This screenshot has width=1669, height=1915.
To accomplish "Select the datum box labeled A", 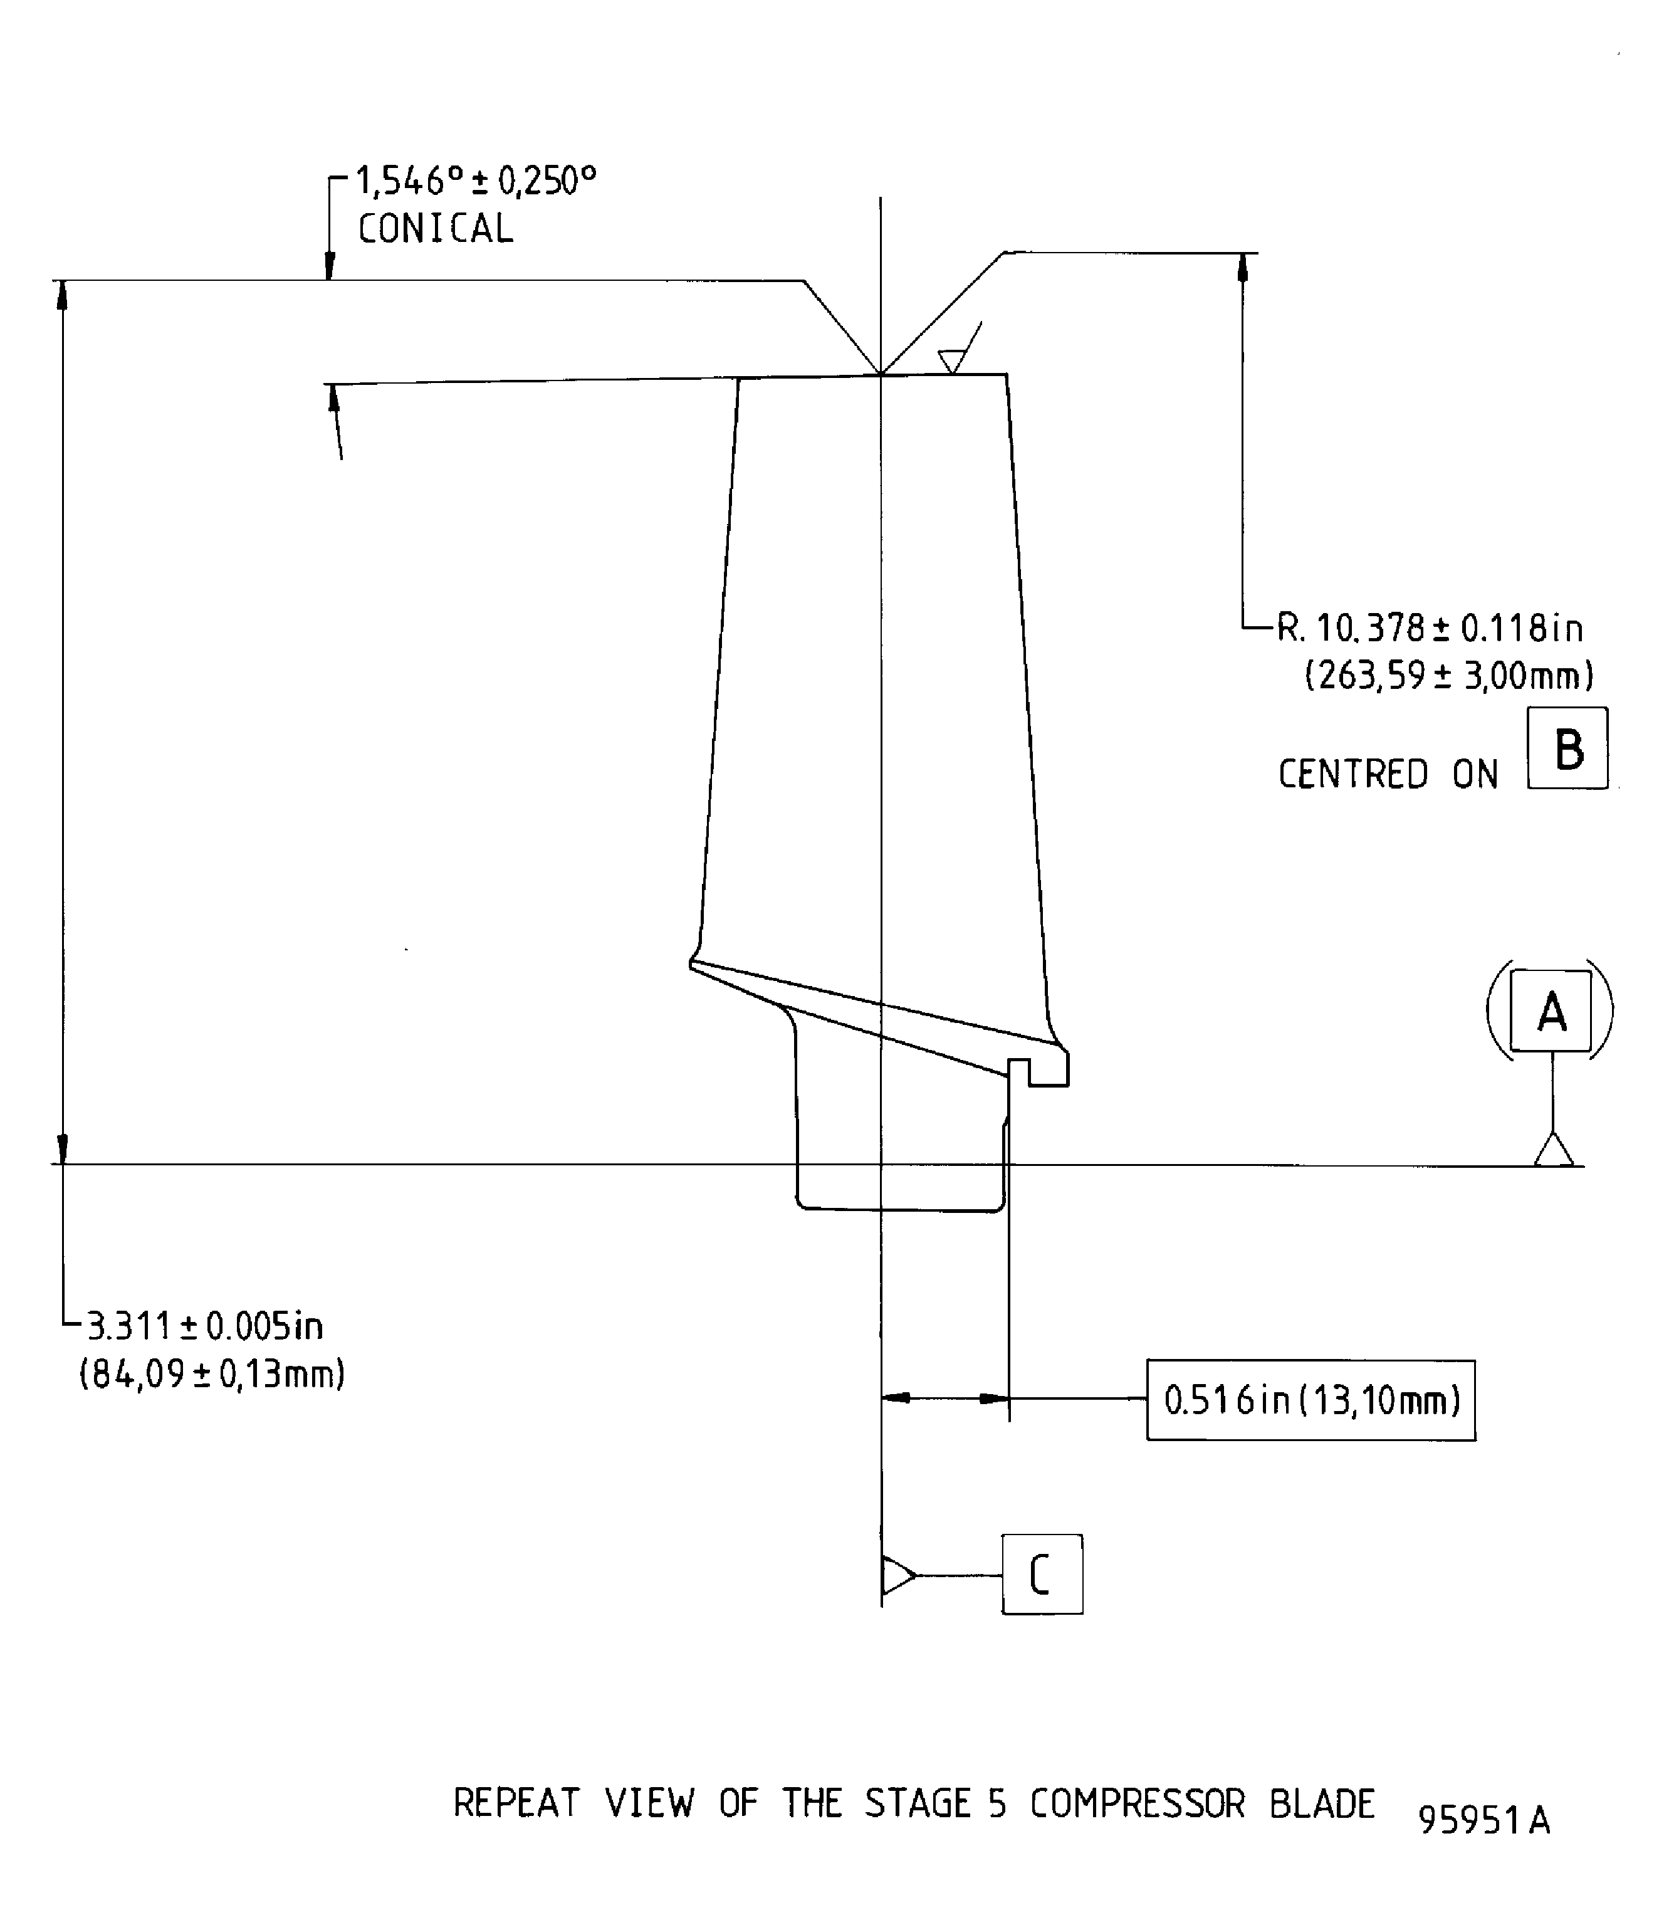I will (x=1550, y=1010).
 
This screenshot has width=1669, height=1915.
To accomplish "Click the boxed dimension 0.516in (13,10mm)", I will (x=1311, y=1401).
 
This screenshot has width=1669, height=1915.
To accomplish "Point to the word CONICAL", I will (x=435, y=229).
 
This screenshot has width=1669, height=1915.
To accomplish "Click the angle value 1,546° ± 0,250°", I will (x=475, y=182).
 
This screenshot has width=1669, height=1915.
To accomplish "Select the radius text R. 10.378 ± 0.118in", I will (x=1429, y=629).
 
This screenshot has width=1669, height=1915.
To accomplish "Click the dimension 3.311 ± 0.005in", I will (x=205, y=1326).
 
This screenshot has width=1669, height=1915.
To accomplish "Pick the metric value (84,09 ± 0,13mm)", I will (x=212, y=1374).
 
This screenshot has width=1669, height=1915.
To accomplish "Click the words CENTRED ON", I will (x=1387, y=775).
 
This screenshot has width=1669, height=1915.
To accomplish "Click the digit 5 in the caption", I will (x=998, y=1805).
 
